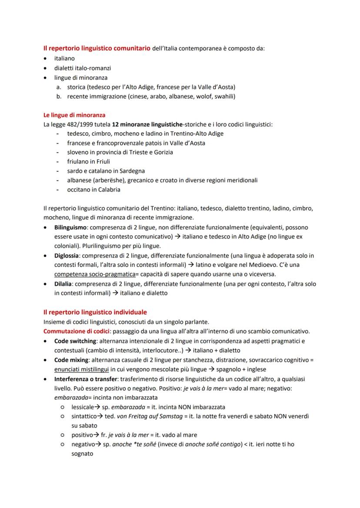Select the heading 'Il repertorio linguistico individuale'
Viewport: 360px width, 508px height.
point(95,312)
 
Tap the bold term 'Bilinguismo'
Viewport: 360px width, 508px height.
point(70,227)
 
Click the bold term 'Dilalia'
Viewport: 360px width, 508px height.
point(64,284)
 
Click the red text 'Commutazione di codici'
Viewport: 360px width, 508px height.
point(77,331)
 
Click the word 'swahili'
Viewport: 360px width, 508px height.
point(225,96)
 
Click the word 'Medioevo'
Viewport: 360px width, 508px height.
point(270,265)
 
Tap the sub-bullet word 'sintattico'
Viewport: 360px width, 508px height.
point(84,416)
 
